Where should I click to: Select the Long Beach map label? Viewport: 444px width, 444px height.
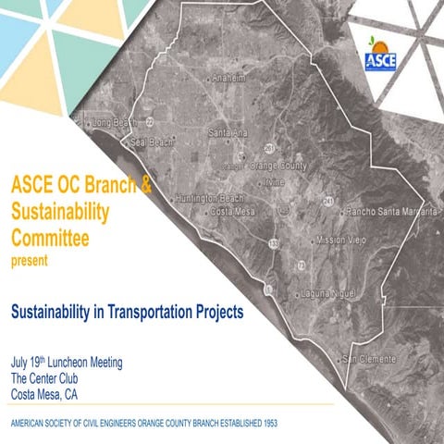click(114, 122)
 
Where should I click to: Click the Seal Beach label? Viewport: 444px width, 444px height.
click(152, 142)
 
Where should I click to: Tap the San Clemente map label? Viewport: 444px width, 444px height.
click(370, 358)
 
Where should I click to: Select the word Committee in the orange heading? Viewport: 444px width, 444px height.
click(50, 239)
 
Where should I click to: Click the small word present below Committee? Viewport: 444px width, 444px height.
click(29, 261)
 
